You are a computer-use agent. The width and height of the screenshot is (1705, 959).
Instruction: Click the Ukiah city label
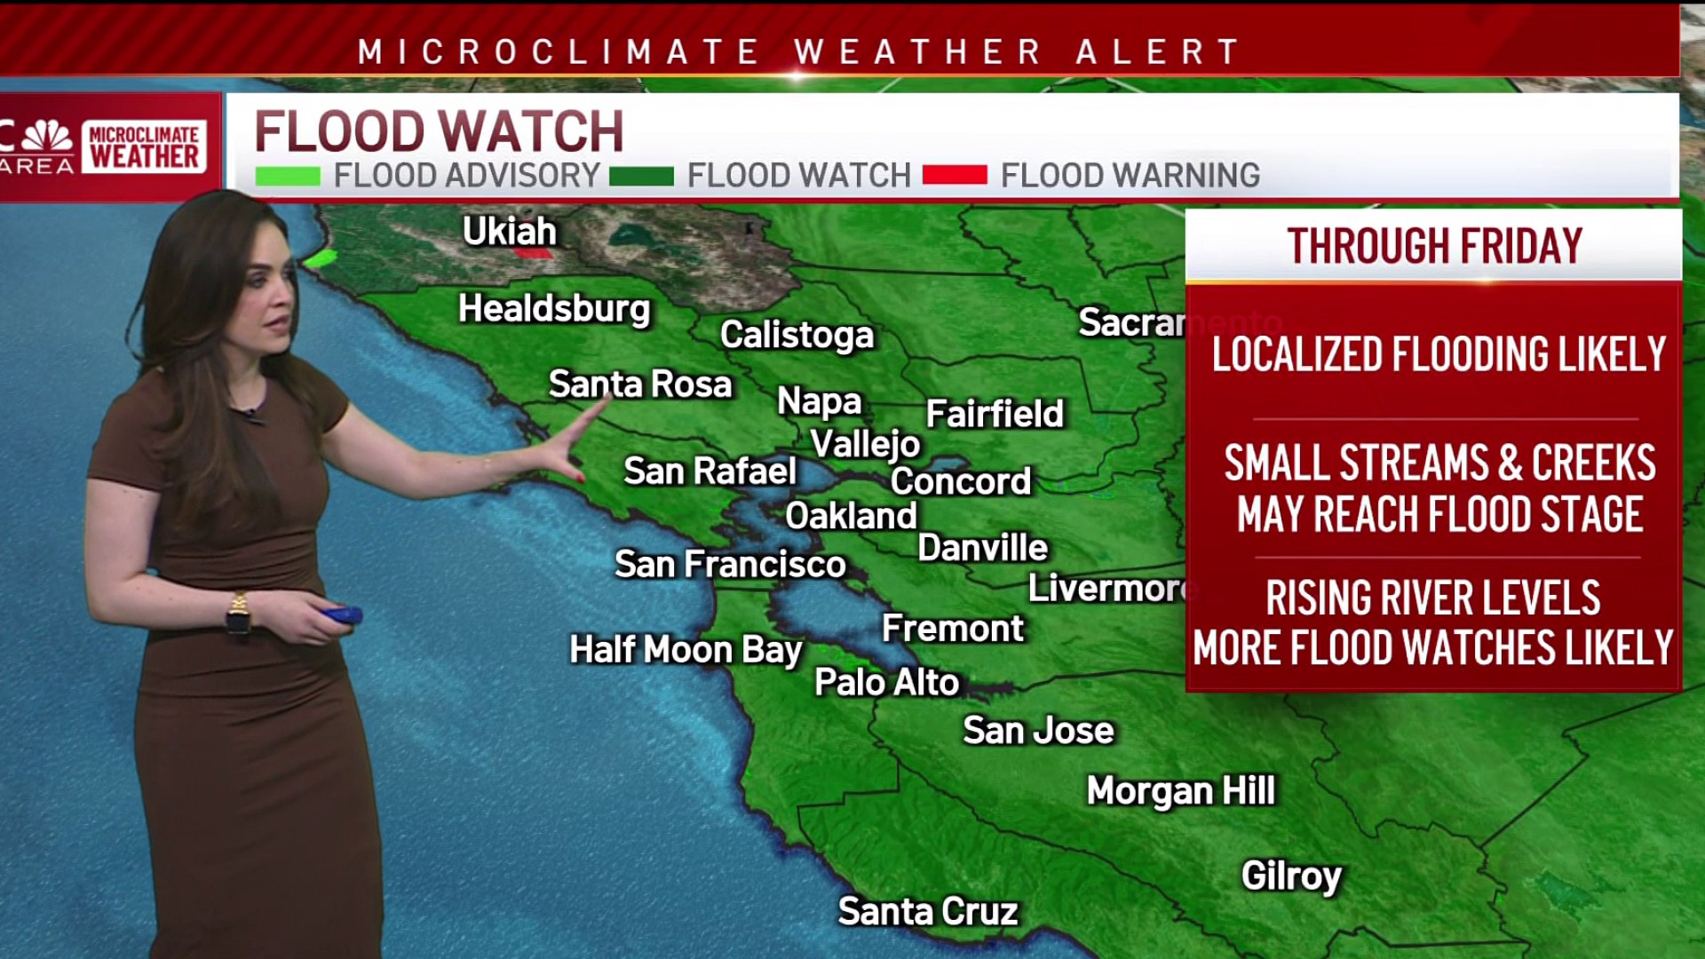coord(510,232)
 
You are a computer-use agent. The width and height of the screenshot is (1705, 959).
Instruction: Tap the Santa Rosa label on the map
coord(640,384)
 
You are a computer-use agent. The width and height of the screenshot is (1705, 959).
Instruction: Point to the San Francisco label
coord(730,565)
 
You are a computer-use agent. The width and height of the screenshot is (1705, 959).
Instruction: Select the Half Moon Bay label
coord(686,650)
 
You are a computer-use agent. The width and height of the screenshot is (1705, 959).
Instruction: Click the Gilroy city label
coord(1291,876)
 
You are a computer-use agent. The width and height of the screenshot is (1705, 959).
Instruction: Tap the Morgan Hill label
coord(1180,791)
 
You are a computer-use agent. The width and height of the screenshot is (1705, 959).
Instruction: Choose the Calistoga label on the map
coord(797,335)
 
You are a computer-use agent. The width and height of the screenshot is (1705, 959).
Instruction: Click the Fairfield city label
coord(995,414)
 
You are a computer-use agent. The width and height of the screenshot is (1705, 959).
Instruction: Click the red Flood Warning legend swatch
coord(955,175)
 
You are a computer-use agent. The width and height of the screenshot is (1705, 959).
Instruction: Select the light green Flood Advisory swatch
coord(288,176)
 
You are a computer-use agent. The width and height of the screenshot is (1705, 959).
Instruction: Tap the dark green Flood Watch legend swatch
coord(641,176)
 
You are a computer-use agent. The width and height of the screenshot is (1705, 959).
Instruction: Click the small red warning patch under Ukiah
coord(534,253)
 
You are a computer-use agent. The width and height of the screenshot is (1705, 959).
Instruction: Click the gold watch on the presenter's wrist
coord(238,613)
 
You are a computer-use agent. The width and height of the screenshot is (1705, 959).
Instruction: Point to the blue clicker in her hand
coord(342,614)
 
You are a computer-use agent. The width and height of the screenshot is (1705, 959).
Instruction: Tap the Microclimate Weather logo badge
coord(145,147)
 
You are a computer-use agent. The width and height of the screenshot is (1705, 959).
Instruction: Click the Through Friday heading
coord(1434,247)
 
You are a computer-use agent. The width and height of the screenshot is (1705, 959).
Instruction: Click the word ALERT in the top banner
coord(1158,52)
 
